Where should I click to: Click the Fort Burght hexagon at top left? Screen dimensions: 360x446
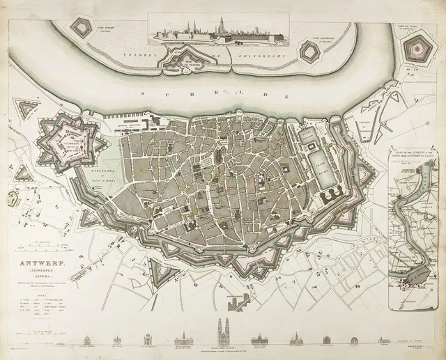(84, 29)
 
